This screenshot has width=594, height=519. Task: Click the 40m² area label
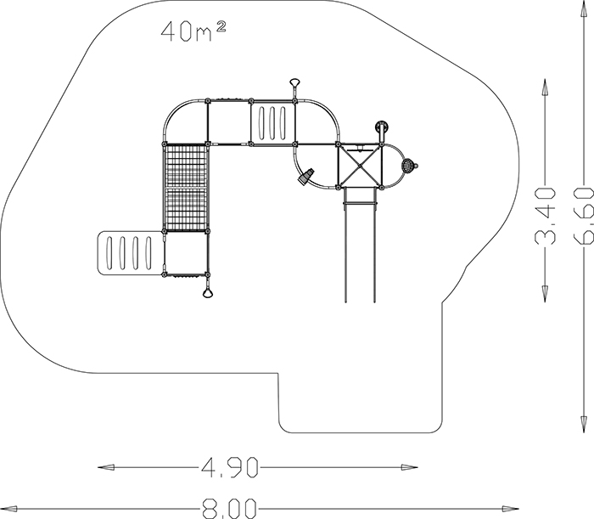pos(193,31)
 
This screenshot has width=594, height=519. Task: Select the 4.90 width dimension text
pos(230,467)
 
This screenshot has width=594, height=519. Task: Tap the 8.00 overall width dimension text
pos(230,509)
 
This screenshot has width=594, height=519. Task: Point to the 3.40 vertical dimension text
pos(545,216)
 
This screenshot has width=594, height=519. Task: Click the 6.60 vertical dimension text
pos(584,216)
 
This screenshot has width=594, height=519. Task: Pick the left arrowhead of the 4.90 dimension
pos(106,467)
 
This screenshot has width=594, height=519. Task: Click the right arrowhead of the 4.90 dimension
pos(410,467)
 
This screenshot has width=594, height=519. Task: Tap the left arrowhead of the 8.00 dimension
pos(8,509)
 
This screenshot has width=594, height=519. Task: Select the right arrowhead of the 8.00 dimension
pos(510,509)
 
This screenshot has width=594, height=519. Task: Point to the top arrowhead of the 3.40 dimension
pos(545,87)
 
